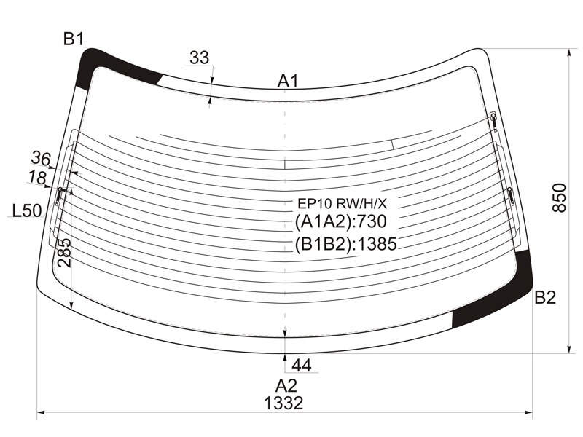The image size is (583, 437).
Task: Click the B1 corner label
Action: click(x=74, y=39)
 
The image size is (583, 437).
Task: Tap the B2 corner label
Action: click(x=544, y=297)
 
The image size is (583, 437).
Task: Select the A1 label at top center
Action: click(x=288, y=81)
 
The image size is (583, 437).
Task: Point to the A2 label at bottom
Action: click(x=286, y=386)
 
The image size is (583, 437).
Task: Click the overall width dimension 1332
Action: click(x=283, y=403)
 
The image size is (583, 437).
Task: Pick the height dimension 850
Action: click(x=559, y=197)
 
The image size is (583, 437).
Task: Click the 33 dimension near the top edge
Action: click(x=199, y=58)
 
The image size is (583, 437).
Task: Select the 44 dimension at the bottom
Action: click(x=301, y=366)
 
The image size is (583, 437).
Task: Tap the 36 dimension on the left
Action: click(x=41, y=158)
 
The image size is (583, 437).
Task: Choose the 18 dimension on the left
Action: click(x=37, y=177)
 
